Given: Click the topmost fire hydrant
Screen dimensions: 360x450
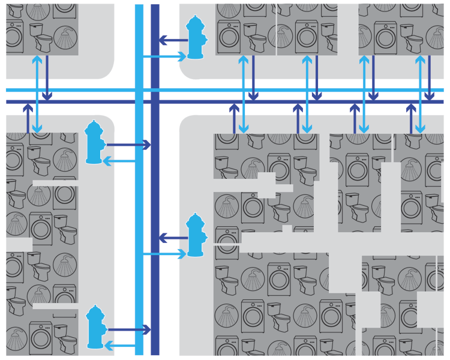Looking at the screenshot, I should pyautogui.click(x=196, y=37).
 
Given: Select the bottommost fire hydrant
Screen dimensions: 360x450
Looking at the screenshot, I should pyautogui.click(x=95, y=327).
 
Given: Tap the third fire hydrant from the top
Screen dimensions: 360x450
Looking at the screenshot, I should pyautogui.click(x=196, y=235).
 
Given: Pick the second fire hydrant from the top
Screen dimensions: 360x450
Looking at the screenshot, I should pyautogui.click(x=94, y=142).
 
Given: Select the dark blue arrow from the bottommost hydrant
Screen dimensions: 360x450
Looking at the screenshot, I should pyautogui.click(x=128, y=329).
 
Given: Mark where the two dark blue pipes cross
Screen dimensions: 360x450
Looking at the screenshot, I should pyautogui.click(x=155, y=101).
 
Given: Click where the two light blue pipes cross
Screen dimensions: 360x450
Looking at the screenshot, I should pyautogui.click(x=139, y=90).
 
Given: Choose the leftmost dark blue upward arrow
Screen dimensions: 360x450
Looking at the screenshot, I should pyautogui.click(x=28, y=118).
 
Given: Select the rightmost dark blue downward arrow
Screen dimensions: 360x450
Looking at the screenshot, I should pyautogui.click(x=429, y=78).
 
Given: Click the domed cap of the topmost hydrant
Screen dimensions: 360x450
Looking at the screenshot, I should pyautogui.click(x=196, y=22).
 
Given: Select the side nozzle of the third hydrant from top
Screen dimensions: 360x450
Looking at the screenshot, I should pyautogui.click(x=205, y=236).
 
